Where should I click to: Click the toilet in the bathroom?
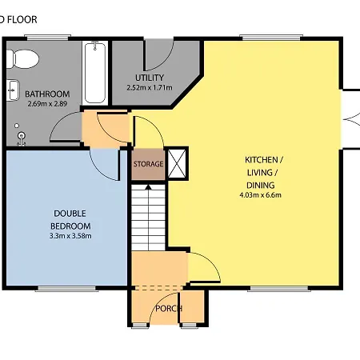tap(24, 58)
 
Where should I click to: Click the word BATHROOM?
tap(46, 94)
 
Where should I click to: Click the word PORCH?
tap(169, 309)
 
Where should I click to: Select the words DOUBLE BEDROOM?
tap(70, 219)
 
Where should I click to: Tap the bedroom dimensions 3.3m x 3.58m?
tap(70, 235)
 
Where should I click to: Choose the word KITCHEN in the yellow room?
tap(262, 160)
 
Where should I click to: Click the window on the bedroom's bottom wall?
tap(60, 287)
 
